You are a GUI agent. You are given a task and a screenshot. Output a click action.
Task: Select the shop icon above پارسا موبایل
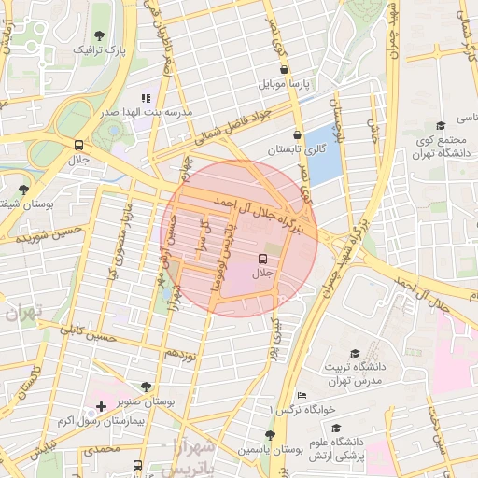(x=284, y=69)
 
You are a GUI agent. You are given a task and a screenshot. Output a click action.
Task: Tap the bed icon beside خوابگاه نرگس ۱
(x=301, y=395)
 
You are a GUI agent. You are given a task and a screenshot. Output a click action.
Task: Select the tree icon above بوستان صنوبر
(x=146, y=386)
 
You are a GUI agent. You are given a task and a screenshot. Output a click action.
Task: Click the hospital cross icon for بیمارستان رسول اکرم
(x=101, y=406)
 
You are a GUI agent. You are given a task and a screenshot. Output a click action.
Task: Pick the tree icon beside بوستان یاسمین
(x=270, y=435)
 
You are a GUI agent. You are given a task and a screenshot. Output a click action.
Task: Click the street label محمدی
(x=102, y=450)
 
